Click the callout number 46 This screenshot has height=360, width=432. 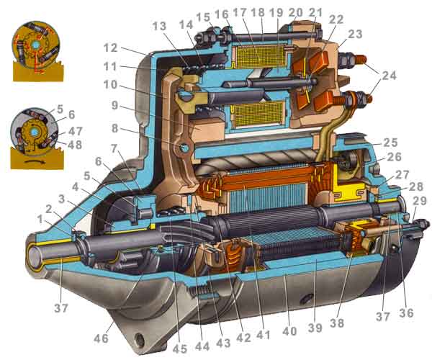coord(102,338)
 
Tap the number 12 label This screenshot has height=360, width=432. coord(110,48)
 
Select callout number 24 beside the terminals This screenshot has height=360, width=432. coord(389,75)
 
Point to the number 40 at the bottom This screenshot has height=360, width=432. coord(289,331)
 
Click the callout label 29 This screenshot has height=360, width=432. coord(419,202)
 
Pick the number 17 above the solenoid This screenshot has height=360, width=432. coord(240,12)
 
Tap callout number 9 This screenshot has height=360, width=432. coord(114,105)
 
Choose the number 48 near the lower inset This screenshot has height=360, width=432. coord(75,144)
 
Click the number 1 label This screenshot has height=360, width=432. coord(40,220)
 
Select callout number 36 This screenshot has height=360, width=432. coord(406,312)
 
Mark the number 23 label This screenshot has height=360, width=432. coord(356,35)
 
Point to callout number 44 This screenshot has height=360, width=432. coord(202,346)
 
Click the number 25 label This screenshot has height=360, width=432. coord(390,143)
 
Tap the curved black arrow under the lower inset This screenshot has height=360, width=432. coord(35,162)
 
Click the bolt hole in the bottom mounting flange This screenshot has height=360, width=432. coord(140,340)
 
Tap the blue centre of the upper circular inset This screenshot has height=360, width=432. coord(35,45)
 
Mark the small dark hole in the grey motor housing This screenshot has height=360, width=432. coord(306,298)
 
